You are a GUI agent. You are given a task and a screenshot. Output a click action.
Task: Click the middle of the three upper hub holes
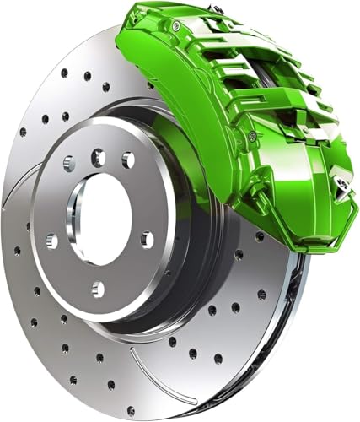[99, 157]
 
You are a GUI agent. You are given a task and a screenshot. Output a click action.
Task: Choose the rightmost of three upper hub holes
[128, 160]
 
